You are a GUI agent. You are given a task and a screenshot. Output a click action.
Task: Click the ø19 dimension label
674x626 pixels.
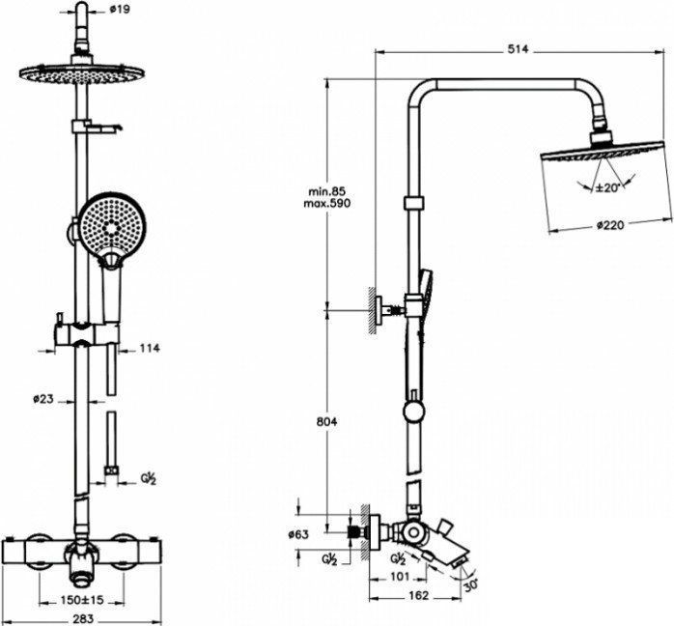pyautogui.click(x=120, y=9)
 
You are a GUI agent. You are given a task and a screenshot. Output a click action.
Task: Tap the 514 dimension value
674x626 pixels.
pyautogui.click(x=518, y=49)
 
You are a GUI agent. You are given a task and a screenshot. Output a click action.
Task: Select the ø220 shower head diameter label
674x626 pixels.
pyautogui.click(x=610, y=224)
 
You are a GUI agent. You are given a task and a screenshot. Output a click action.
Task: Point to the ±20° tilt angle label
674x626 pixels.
pyautogui.click(x=606, y=187)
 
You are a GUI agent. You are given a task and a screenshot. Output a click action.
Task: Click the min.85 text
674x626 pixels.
pyautogui.click(x=327, y=191)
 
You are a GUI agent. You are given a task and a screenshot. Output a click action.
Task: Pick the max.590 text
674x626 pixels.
pyautogui.click(x=327, y=203)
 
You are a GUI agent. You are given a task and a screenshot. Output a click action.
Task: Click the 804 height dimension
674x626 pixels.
pyautogui.click(x=326, y=422)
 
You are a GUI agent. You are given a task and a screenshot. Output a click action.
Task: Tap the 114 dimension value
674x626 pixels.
pyautogui.click(x=149, y=348)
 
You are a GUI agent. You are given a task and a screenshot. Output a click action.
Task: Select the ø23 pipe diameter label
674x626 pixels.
pyautogui.click(x=43, y=399)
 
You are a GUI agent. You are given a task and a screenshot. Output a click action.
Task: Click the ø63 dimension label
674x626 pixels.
pyautogui.click(x=298, y=534)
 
